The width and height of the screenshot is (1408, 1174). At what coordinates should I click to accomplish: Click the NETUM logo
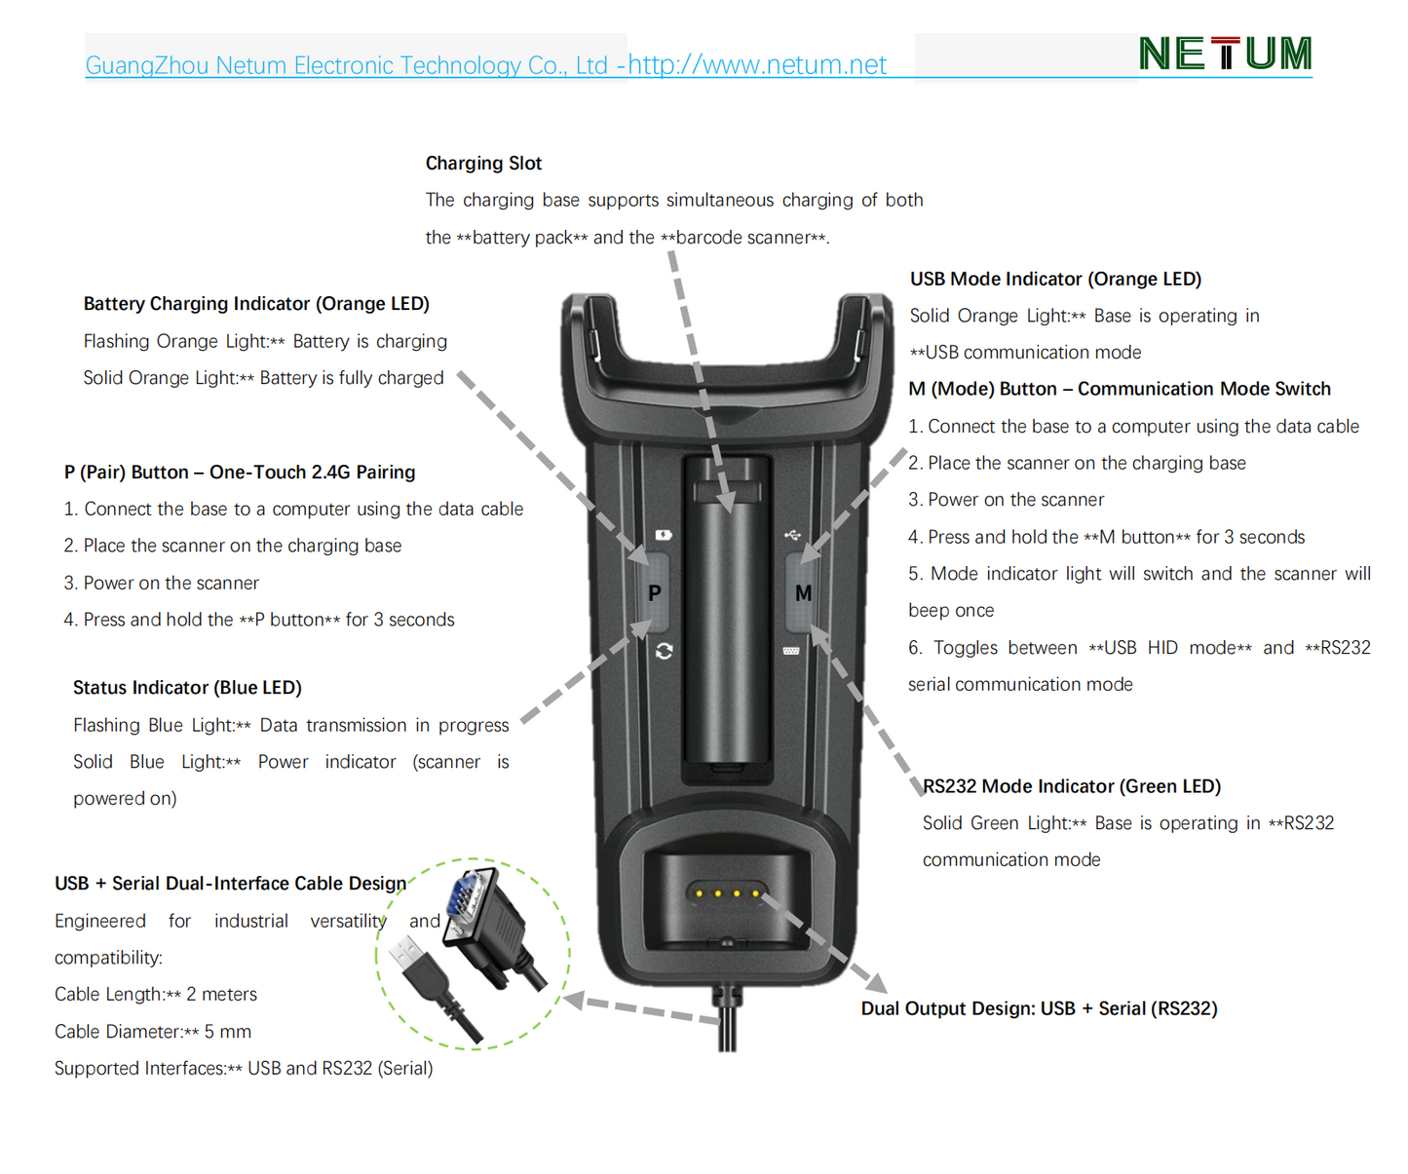click(1225, 54)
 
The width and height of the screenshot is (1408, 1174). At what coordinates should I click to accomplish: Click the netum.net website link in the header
click(757, 65)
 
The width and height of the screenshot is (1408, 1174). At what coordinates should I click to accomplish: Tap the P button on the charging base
click(655, 592)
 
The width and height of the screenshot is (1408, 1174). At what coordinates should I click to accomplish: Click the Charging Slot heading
click(483, 164)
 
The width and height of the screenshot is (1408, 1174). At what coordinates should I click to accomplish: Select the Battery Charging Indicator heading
click(256, 304)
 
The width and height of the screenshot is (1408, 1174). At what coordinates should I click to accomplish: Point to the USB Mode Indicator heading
click(1055, 280)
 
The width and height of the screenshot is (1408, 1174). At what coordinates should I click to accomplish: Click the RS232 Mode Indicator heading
click(1072, 786)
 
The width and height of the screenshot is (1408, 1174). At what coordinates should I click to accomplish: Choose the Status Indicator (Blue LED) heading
click(187, 688)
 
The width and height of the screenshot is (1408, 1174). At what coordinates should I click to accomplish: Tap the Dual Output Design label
click(1039, 1008)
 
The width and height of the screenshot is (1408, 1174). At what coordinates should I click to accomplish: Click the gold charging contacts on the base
click(727, 892)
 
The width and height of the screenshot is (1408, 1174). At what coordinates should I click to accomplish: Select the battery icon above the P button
click(664, 535)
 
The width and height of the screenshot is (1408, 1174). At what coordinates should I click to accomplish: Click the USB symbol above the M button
click(792, 535)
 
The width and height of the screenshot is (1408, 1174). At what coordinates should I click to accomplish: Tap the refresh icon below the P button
click(664, 651)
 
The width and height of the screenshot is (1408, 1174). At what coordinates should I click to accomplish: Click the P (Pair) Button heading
click(240, 473)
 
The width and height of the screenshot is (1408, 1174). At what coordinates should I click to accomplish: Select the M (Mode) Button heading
click(1120, 390)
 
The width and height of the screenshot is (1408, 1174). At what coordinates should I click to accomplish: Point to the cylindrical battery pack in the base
click(727, 624)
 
